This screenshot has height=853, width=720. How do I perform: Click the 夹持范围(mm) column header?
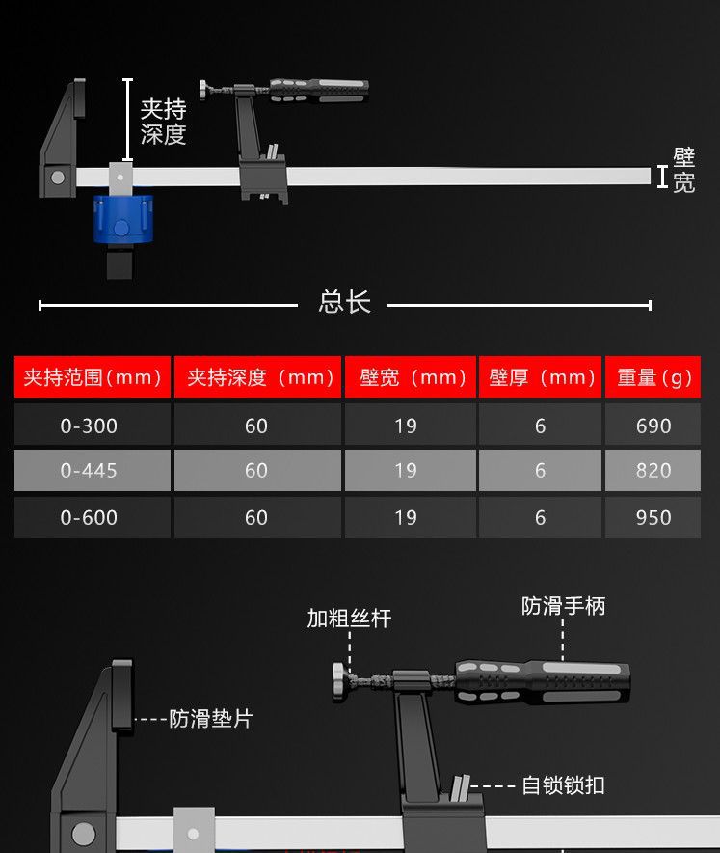(93, 377)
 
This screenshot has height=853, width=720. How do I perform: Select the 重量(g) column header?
(653, 377)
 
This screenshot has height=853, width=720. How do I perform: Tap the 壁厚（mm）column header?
(541, 377)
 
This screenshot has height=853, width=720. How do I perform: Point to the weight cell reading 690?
(653, 426)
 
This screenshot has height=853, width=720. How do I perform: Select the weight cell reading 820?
(653, 471)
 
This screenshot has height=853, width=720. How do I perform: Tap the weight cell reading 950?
(653, 517)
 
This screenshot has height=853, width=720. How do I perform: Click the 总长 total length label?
(344, 302)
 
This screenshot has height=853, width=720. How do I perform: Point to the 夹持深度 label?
(163, 122)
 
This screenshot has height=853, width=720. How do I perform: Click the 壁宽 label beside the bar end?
(683, 171)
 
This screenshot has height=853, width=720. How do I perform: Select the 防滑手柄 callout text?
(563, 606)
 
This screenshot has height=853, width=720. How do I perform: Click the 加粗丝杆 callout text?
(349, 619)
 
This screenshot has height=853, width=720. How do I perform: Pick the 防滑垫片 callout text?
(210, 719)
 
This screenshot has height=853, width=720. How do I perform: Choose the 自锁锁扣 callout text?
(563, 785)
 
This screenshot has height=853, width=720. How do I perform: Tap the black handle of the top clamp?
(318, 91)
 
